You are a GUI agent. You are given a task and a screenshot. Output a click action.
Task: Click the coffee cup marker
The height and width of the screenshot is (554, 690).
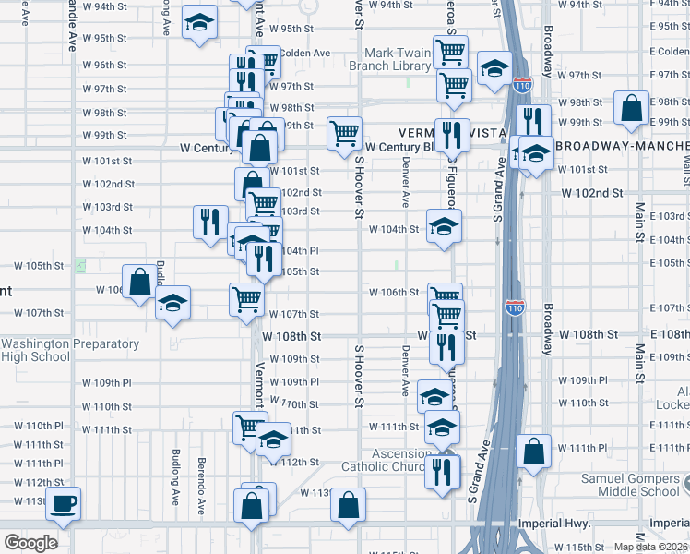[64, 504]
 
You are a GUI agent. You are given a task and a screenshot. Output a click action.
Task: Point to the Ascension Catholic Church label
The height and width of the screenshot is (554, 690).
[399, 461]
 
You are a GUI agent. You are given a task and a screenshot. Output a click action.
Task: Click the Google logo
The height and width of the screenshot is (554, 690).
[30, 543]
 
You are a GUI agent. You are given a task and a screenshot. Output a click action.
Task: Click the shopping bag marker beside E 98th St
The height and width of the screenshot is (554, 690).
[632, 108]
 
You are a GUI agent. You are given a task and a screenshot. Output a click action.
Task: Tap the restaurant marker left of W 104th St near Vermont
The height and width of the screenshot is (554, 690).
[210, 222]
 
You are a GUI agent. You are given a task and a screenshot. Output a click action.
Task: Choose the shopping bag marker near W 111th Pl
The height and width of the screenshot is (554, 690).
[533, 452]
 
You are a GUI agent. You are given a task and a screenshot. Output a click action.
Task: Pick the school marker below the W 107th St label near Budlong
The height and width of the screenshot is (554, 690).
[172, 304]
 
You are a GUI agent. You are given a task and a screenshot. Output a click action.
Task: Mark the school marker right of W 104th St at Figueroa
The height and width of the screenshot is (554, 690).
[444, 227]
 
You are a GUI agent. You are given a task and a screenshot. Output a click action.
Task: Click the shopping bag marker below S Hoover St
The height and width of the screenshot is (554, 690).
[347, 505]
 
